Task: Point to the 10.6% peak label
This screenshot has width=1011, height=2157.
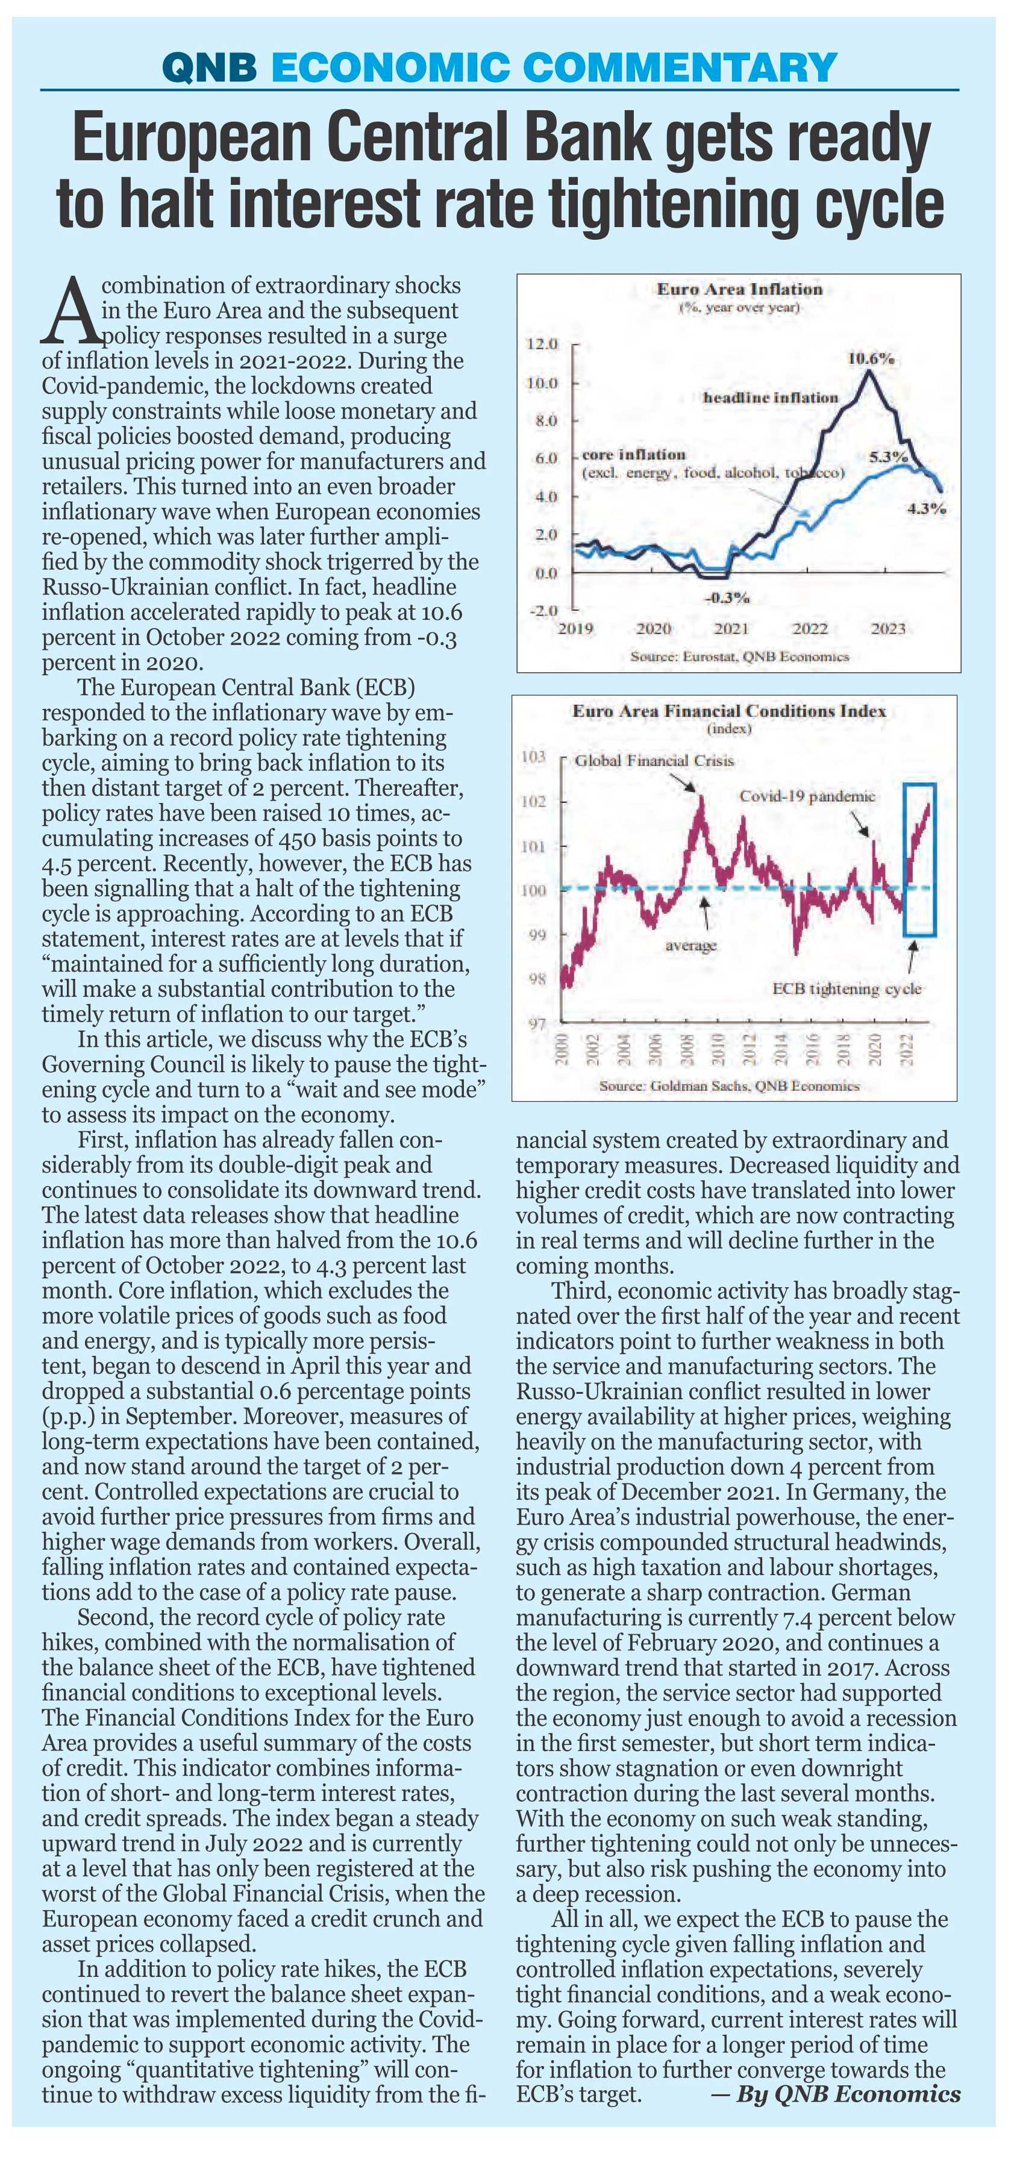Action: click(x=870, y=359)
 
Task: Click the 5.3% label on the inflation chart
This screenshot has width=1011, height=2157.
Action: click(x=889, y=457)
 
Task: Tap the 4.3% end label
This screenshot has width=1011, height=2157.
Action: click(x=927, y=508)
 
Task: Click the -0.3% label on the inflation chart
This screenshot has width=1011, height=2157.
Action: click(x=727, y=598)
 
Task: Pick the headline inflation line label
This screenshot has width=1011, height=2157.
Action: click(x=771, y=398)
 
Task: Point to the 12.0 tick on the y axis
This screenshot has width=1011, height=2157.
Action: click(x=541, y=344)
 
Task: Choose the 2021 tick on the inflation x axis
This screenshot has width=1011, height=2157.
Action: click(x=731, y=629)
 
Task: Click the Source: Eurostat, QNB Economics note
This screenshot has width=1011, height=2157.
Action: click(x=740, y=657)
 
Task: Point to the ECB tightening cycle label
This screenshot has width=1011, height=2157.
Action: click(x=847, y=989)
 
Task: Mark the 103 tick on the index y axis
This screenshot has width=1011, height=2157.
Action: click(x=534, y=758)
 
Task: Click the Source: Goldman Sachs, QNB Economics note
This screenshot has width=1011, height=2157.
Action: click(x=730, y=1086)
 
